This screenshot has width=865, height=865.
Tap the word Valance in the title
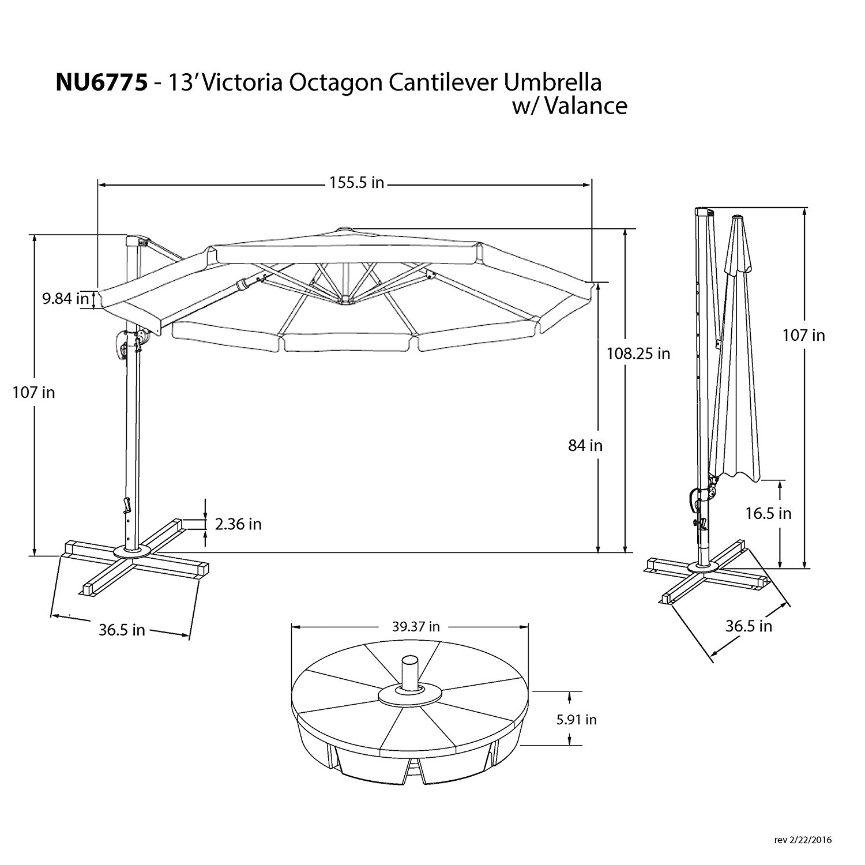coord(585,106)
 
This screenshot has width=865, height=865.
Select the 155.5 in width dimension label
coord(356,183)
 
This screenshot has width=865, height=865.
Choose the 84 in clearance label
coord(585,445)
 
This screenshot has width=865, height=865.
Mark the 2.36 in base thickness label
coord(238,524)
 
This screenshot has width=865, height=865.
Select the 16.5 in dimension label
coord(768,513)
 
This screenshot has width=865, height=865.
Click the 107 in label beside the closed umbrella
coord(803,335)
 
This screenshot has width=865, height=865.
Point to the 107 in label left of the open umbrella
coord(34,392)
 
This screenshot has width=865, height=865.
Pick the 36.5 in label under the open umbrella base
coord(121,630)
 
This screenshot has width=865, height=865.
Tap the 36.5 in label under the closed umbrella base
coord(749,626)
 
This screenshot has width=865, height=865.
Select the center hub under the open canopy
coord(345,300)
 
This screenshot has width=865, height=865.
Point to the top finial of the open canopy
coord(344,230)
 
